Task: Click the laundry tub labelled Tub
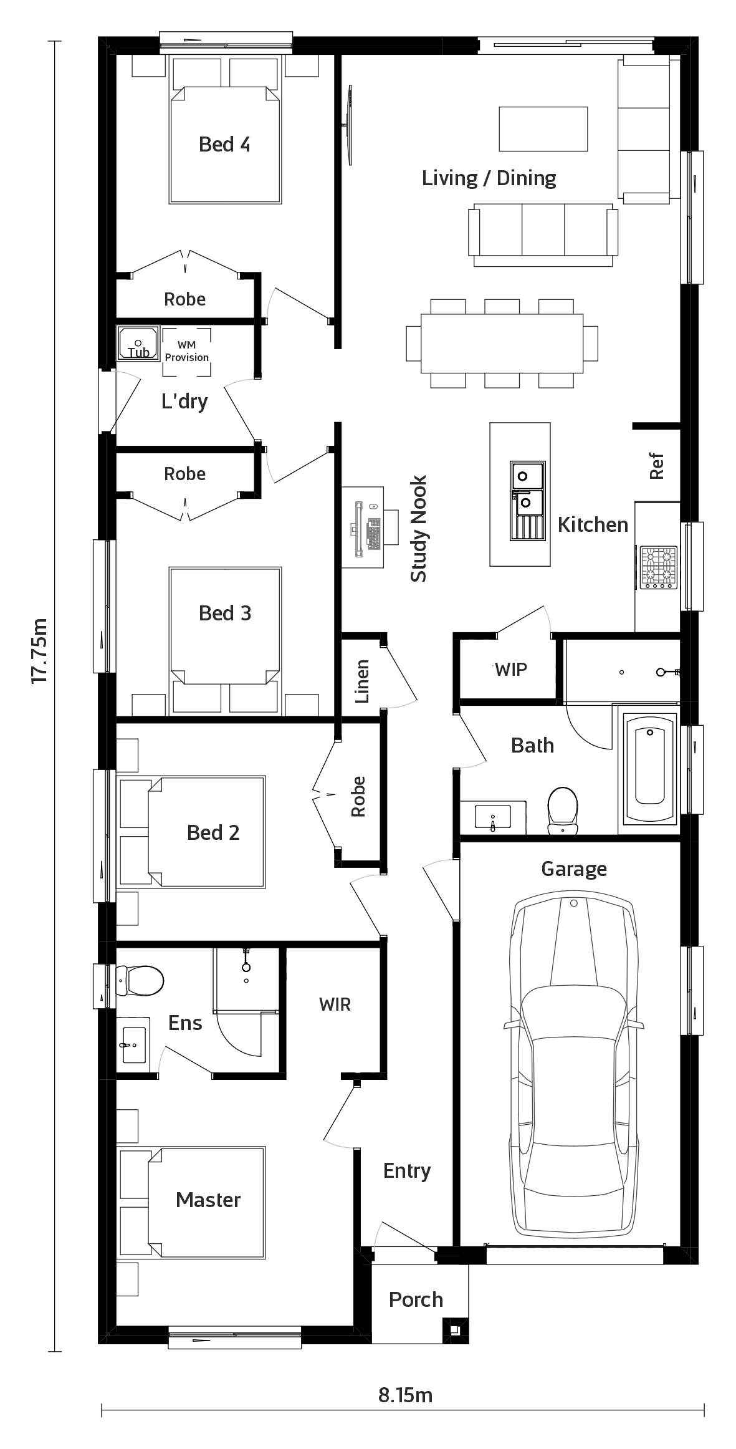138,343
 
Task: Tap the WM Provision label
187,352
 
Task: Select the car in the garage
574,1067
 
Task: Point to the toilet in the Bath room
562,810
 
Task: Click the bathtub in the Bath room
650,768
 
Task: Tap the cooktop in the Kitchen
659,567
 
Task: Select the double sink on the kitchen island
528,501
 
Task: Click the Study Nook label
419,529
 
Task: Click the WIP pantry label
511,670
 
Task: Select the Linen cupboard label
362,681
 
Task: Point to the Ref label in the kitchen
657,466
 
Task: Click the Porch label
416,1299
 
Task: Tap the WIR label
335,1004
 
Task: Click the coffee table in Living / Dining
543,129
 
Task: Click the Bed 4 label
224,145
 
